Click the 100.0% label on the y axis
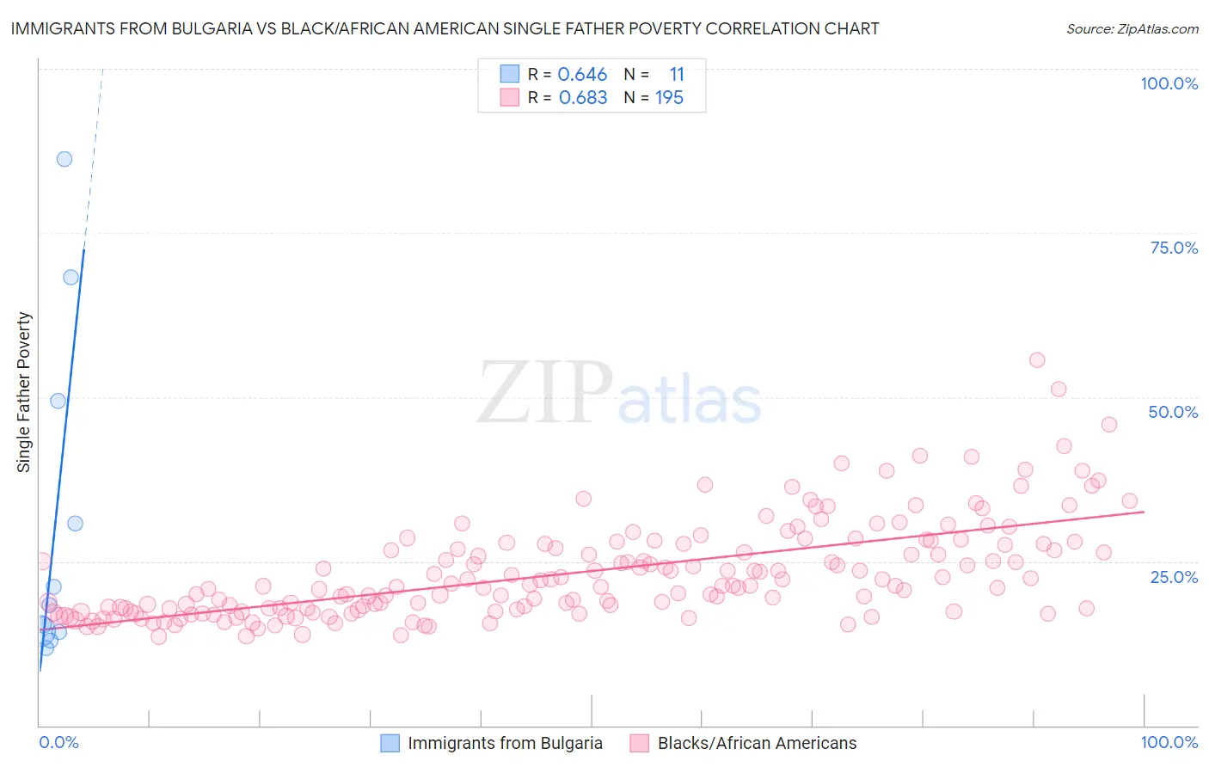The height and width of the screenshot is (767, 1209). (1169, 83)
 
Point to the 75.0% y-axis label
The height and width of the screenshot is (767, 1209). (1174, 248)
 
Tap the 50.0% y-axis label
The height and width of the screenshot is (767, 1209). (1173, 412)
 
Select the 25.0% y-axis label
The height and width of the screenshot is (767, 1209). (1174, 576)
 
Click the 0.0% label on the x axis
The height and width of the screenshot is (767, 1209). (58, 742)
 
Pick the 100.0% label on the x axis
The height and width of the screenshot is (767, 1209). (1169, 742)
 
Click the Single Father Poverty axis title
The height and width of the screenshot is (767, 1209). (24, 392)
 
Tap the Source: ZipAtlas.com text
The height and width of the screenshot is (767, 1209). (1132, 28)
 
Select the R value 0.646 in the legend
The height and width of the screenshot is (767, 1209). (582, 75)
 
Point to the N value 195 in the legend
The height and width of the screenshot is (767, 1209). (669, 98)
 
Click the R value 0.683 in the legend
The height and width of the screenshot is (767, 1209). (583, 98)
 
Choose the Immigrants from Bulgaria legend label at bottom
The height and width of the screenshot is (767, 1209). (505, 743)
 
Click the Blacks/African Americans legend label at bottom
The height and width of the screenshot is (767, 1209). (757, 743)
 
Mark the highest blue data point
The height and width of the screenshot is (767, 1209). (64, 159)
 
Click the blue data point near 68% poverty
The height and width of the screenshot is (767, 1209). (71, 277)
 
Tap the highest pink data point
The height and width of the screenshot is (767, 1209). (1037, 360)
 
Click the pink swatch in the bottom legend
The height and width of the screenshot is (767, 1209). (639, 743)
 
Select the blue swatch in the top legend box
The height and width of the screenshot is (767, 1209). (510, 75)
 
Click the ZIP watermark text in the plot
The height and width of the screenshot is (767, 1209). (545, 393)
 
